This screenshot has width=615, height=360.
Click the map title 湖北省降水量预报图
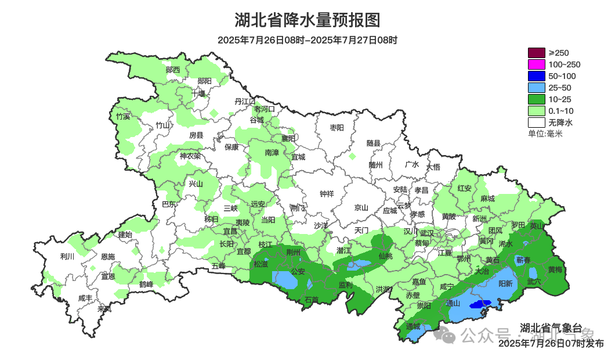coord(307,20)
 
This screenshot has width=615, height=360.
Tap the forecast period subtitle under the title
coord(307,40)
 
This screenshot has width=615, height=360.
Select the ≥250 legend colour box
coord(536,53)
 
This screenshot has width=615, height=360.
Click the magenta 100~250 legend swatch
coord(536,64)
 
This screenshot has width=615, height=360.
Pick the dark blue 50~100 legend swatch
coord(536,76)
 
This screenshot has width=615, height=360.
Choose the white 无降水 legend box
coord(536,123)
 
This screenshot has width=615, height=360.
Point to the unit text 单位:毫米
coord(545,134)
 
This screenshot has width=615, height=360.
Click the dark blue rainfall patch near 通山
coord(480,304)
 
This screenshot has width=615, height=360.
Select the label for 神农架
coord(190,156)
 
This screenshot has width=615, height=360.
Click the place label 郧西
coord(172,70)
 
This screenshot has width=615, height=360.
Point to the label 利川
coord(67,256)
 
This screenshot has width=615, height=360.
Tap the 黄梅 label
coord(555,269)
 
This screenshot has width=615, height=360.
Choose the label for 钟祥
coord(327,194)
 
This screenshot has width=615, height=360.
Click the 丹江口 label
coord(244,101)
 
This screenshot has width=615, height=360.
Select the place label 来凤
coord(104,308)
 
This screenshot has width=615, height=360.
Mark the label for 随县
coord(373,143)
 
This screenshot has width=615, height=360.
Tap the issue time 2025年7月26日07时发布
coord(551,344)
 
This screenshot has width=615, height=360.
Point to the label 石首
coord(312,300)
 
